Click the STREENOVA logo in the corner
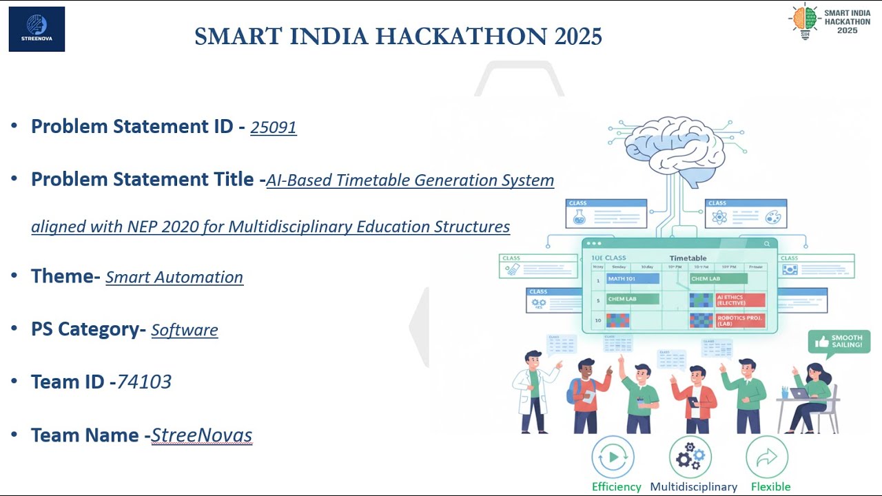coord(37,29)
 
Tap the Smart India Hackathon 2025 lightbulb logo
coord(804,21)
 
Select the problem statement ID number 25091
coord(274,127)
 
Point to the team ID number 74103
coord(144,382)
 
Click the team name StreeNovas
coord(201,435)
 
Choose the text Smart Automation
coord(174,277)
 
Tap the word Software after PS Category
coord(185,330)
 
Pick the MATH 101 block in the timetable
coord(633,279)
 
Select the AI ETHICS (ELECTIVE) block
coord(740,300)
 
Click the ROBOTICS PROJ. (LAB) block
coord(740,320)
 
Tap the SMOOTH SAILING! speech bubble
coord(839,342)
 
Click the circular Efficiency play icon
coord(613,457)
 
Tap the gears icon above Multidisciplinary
coord(690,457)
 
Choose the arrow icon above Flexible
coord(767,457)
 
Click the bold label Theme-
coord(66,276)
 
